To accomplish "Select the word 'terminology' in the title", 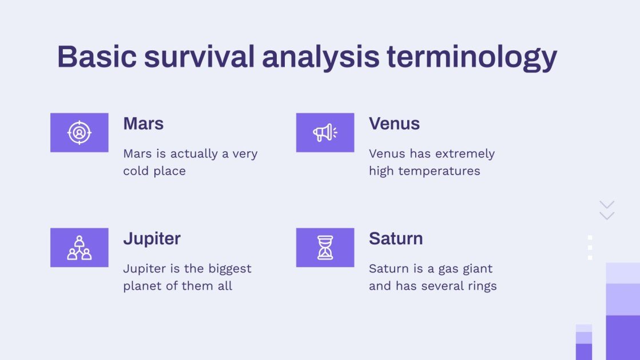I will pos(471,57).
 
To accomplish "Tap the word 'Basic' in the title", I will pos(96,57).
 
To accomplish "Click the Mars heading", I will pos(143,124).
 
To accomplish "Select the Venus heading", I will pos(394,124).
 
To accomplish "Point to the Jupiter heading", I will pos(152,239).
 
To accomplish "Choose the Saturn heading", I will pos(396,239).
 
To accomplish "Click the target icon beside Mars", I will pos(79,133).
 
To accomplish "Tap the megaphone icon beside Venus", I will pos(325,133).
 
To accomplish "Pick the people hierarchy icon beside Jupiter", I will pos(79,248).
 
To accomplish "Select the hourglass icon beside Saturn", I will pos(325,248).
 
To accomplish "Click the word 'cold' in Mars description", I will pos(136,171).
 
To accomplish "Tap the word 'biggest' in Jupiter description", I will pos(229,269).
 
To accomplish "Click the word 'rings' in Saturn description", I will pos(482,286).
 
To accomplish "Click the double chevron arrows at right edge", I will pos(607,210).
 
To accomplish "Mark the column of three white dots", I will pos(590,247).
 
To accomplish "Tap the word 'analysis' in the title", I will pos(320,57).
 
